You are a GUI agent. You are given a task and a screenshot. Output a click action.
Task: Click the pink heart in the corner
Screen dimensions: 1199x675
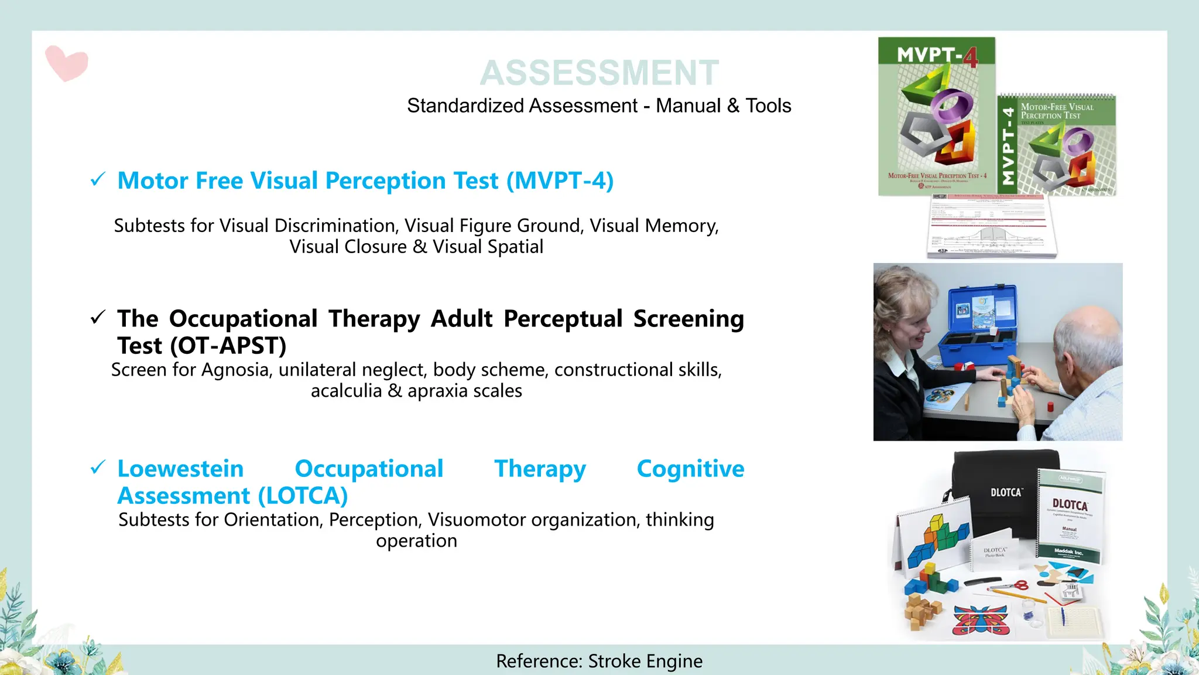66,63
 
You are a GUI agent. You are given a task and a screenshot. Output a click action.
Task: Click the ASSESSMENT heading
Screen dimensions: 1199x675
599,73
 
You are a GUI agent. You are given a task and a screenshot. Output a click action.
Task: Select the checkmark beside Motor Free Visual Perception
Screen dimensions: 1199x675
98,179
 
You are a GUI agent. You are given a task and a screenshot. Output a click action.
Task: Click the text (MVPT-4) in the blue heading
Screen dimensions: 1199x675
560,180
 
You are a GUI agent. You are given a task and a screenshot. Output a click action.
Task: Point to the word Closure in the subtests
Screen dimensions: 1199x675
375,247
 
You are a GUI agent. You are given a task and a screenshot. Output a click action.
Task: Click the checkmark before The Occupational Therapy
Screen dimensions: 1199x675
98,318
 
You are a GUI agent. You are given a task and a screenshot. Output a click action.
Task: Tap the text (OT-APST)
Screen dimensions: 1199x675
228,346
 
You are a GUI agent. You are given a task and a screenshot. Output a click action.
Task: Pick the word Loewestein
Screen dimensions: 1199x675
180,469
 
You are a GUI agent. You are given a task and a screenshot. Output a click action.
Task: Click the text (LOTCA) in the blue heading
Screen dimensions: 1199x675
303,496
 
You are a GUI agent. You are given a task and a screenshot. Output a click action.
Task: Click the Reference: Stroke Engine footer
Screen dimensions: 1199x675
599,661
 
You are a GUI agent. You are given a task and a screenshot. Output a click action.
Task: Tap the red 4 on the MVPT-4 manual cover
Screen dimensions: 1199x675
970,57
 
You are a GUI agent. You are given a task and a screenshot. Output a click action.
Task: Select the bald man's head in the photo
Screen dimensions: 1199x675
1083,340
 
